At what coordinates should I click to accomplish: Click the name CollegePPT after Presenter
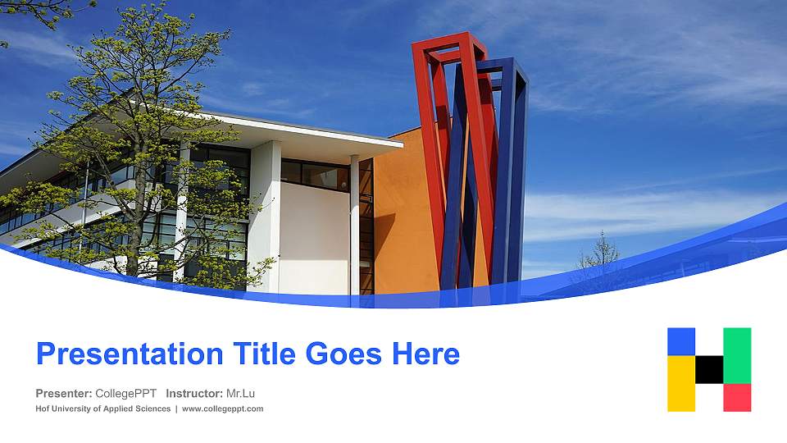click(126, 393)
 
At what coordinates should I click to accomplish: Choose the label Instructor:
click(193, 393)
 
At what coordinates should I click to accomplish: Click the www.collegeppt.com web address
click(222, 409)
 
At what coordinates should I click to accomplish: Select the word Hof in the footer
click(43, 409)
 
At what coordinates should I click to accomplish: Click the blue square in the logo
click(681, 341)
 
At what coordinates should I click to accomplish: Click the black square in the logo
click(709, 369)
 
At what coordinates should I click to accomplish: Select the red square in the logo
click(737, 397)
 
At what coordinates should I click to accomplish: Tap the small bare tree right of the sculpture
click(597, 258)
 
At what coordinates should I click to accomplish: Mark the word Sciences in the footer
click(152, 409)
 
